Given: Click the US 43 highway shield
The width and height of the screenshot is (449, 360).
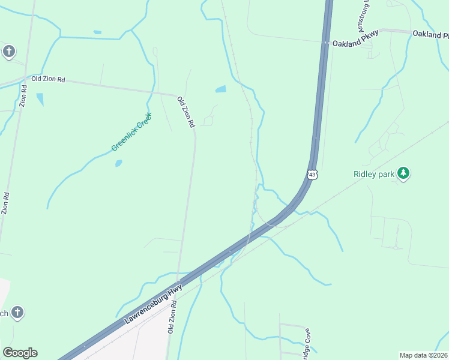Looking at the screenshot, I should (312, 174).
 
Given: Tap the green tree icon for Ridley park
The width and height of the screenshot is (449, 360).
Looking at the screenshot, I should (404, 174).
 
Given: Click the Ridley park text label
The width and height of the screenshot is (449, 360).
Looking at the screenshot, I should (373, 175).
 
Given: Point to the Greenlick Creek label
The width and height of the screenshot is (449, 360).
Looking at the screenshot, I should (131, 131).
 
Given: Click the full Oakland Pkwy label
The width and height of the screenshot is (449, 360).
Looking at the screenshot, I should (355, 43).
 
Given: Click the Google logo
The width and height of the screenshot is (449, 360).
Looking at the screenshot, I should (20, 353).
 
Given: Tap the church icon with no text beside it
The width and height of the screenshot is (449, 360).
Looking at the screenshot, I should (8, 52).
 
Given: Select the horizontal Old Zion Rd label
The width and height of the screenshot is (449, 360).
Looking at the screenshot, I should (48, 79).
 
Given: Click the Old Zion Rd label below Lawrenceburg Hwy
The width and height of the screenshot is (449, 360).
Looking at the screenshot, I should (172, 318).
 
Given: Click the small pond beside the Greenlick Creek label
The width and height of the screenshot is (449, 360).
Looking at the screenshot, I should (118, 163).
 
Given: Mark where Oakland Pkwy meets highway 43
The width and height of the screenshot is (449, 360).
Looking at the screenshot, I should (325, 43).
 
